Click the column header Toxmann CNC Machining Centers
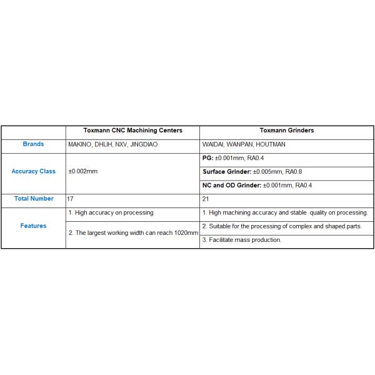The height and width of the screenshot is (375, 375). [132, 131]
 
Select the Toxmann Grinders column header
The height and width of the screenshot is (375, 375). [286, 131]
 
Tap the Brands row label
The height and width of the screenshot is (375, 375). [33, 144]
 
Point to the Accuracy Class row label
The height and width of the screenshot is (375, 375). [33, 171]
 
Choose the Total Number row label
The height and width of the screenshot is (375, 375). [33, 198]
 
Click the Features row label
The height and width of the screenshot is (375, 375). [33, 226]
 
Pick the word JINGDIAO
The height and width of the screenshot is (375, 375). [143, 144]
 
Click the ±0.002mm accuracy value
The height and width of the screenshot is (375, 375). [83, 171]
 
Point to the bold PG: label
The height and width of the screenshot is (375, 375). [208, 158]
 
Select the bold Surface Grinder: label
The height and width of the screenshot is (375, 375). [227, 171]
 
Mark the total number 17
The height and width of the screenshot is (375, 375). [71, 198]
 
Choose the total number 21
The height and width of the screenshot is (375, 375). [206, 198]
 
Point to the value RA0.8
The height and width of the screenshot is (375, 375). [294, 171]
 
